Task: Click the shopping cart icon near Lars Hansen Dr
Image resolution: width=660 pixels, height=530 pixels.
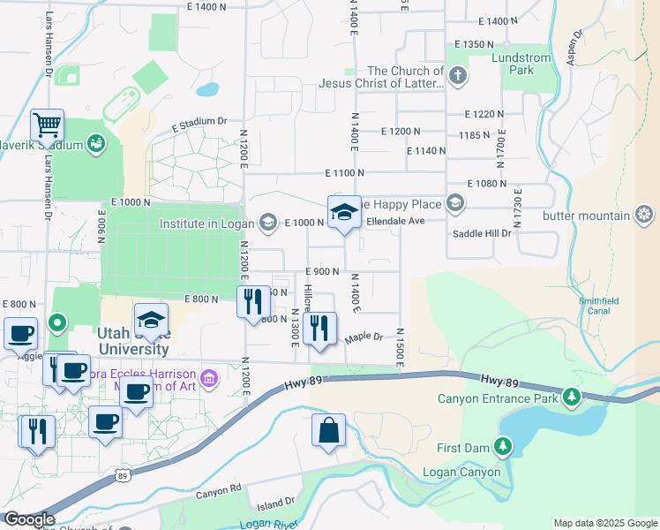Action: click(47, 125)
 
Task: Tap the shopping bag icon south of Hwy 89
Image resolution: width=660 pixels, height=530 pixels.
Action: click(327, 431)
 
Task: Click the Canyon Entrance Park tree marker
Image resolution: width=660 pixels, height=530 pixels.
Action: click(573, 397)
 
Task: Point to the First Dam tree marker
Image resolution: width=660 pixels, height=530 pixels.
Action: click(503, 447)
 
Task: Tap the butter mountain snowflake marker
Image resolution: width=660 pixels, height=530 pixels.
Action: click(645, 215)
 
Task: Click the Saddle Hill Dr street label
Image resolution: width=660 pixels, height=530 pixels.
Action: click(482, 233)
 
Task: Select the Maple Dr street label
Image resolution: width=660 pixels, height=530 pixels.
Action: click(364, 337)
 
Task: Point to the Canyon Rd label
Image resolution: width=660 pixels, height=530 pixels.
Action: click(219, 488)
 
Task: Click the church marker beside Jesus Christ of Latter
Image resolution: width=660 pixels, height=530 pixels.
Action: click(457, 77)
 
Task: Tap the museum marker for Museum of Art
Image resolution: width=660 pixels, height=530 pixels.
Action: click(209, 379)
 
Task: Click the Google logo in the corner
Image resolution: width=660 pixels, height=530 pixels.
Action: click(29, 519)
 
